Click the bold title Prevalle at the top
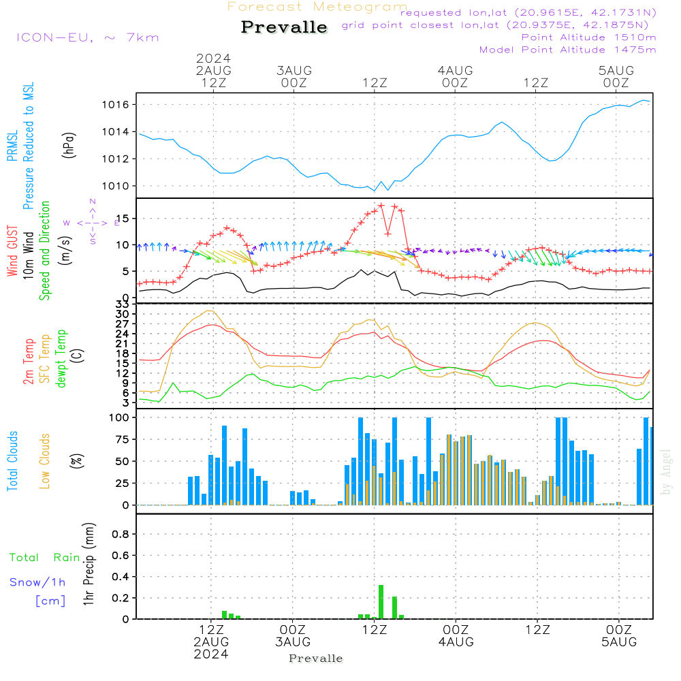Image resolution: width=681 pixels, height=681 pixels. click(x=284, y=28)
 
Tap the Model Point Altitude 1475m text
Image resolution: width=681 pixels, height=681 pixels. click(x=568, y=50)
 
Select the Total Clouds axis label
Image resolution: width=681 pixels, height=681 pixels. click(x=12, y=461)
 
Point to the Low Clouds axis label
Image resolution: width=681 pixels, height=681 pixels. click(x=45, y=461)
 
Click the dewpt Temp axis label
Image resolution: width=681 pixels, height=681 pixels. click(x=61, y=358)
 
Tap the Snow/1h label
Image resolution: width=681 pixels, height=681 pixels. click(x=38, y=582)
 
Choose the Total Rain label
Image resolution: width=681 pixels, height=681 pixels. click(x=44, y=558)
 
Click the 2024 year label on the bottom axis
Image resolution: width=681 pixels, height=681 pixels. click(x=211, y=654)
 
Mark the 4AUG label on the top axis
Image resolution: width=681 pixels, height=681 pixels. click(x=455, y=70)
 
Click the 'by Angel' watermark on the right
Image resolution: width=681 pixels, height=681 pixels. click(x=666, y=472)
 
